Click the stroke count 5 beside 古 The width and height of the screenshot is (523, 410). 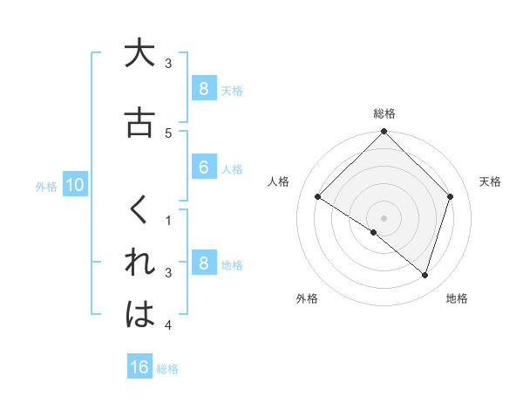[169, 133]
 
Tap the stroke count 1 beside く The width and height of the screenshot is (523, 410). [169, 221]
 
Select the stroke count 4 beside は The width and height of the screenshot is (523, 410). [169, 325]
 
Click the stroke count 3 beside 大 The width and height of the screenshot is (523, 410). [169, 64]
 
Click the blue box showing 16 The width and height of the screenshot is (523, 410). [139, 367]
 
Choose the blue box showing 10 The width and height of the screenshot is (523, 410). [74, 185]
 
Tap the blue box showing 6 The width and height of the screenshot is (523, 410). [203, 167]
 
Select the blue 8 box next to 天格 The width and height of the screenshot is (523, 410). [203, 88]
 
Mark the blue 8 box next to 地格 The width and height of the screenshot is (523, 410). [203, 263]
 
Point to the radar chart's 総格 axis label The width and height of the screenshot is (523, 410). [384, 113]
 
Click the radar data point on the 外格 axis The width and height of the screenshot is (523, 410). [374, 232]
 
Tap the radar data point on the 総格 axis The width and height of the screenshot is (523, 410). [384, 132]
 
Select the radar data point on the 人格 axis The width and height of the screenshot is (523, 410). [318, 197]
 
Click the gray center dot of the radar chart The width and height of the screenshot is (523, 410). [384, 217]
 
